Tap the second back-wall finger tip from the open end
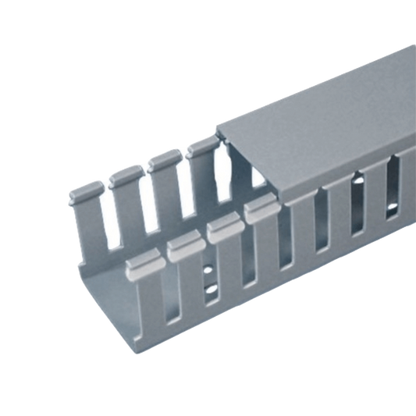coord(123,176)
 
